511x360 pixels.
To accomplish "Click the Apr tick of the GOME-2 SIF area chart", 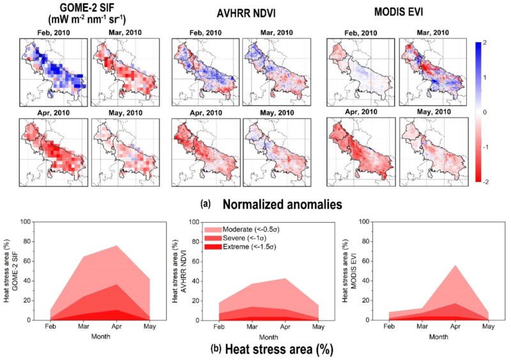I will pyautogui.click(x=116, y=326).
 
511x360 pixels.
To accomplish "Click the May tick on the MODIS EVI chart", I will pyautogui.click(x=488, y=326).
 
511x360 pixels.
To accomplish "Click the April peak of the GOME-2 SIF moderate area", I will pyautogui.click(x=116, y=246).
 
